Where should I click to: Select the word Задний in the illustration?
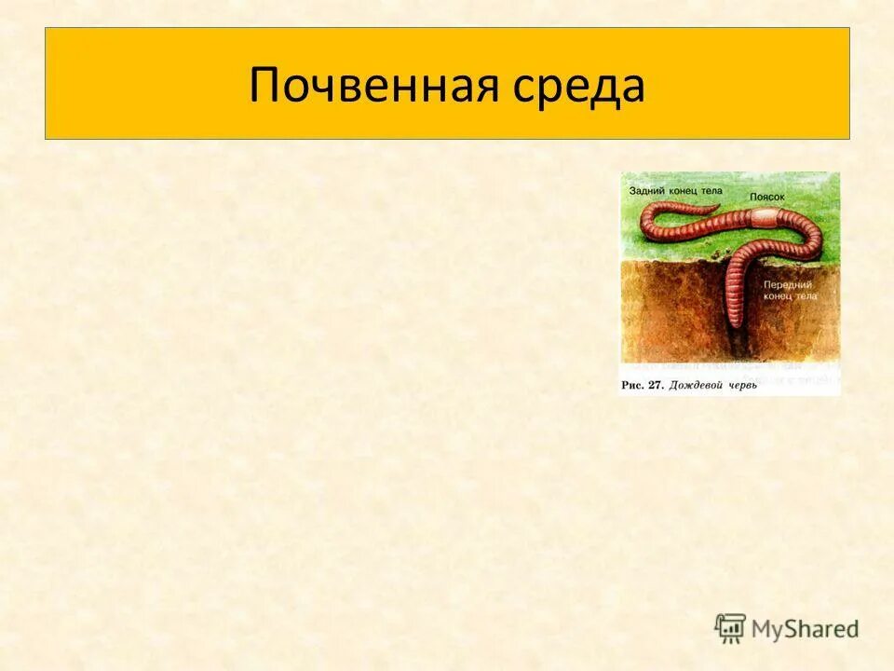tap(646, 189)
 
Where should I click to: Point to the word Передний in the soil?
tap(787, 284)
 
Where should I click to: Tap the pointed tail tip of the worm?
tap(718, 206)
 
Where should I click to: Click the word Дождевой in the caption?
tap(693, 385)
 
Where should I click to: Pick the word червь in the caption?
tap(741, 385)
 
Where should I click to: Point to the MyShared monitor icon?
tap(731, 628)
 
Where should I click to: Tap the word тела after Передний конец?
tap(806, 296)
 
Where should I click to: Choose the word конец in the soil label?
tap(779, 296)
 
